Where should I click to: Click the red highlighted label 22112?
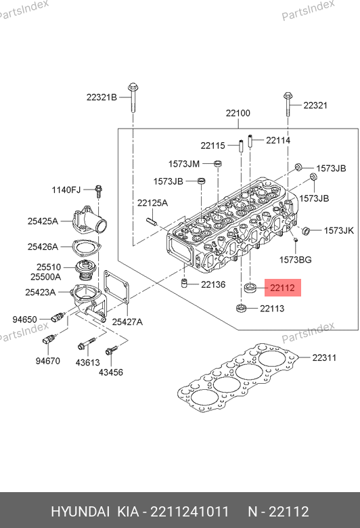pyautogui.click(x=283, y=288)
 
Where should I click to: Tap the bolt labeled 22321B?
pyautogui.click(x=133, y=97)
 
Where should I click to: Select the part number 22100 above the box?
pyautogui.click(x=238, y=113)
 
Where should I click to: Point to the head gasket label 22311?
pyautogui.click(x=324, y=357)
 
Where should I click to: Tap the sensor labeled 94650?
pyautogui.click(x=58, y=317)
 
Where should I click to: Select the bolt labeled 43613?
pyautogui.click(x=87, y=344)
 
